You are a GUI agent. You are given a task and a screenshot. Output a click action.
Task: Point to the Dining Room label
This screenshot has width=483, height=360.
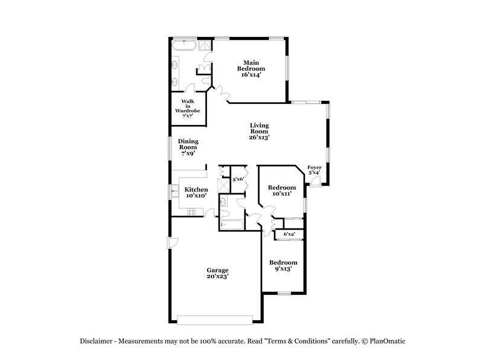[x=188, y=147]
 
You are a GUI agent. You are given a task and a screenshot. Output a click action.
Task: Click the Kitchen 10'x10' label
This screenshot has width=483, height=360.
[x=196, y=193]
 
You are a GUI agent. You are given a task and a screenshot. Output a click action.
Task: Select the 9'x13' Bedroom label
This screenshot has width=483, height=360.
[x=283, y=266]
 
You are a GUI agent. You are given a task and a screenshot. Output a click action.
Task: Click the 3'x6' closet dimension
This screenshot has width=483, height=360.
[x=238, y=179]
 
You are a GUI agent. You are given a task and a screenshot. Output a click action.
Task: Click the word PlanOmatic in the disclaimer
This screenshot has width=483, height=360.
[x=385, y=341]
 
